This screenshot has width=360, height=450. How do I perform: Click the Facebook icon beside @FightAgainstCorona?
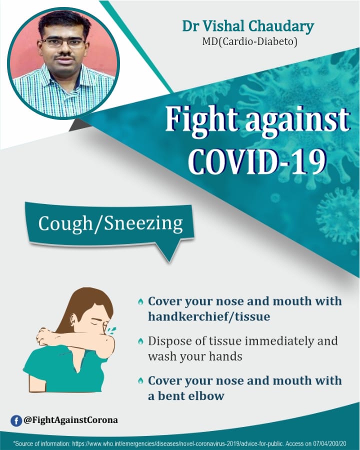click(16, 420)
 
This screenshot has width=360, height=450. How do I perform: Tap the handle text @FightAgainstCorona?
click(71, 420)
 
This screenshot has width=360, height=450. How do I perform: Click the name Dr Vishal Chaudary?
click(248, 26)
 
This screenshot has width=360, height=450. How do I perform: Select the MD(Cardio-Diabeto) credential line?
click(249, 42)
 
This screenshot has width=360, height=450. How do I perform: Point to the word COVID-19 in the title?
click(257, 160)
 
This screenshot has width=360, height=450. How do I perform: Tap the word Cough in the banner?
click(65, 223)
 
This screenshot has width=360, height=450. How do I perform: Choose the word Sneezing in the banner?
click(143, 223)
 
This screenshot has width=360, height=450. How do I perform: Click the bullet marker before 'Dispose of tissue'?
click(140, 341)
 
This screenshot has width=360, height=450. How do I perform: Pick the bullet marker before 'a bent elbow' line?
click(140, 381)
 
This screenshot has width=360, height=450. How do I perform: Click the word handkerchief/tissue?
click(209, 317)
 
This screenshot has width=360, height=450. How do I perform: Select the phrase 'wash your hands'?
click(195, 356)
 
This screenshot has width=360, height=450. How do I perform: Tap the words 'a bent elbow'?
click(186, 396)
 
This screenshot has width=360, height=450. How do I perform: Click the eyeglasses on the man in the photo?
click(63, 43)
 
